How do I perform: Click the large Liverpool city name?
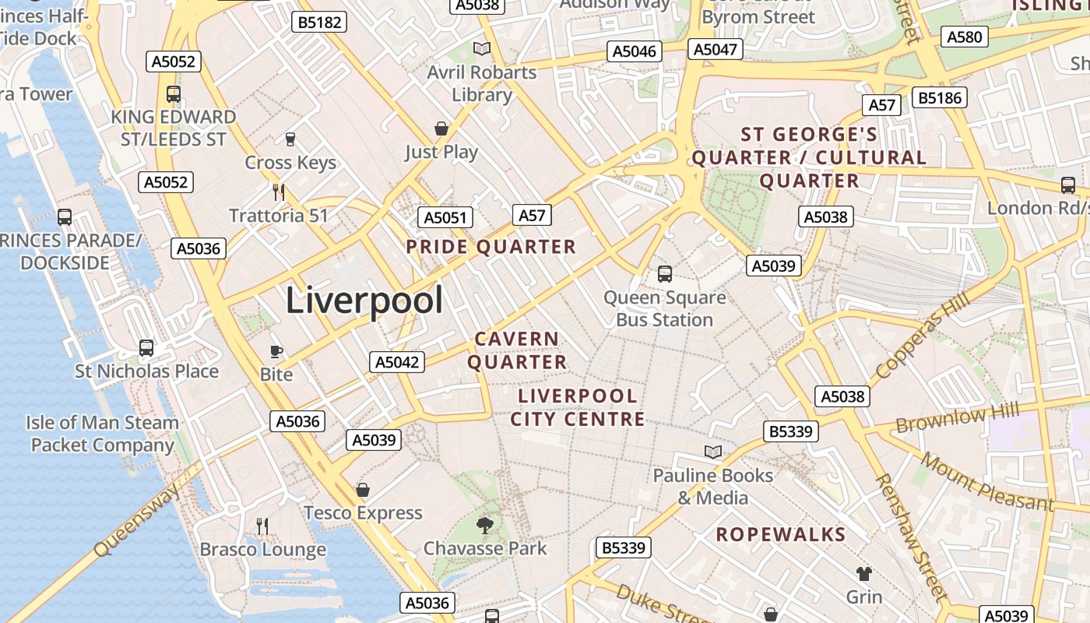click(364, 301)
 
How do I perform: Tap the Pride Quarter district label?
click(490, 247)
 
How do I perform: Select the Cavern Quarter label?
click(517, 350)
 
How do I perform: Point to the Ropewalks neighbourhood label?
click(780, 534)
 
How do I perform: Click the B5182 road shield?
click(320, 22)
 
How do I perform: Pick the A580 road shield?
click(965, 37)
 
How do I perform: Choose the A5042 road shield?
click(397, 361)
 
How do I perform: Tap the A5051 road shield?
click(445, 217)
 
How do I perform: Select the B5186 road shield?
click(941, 97)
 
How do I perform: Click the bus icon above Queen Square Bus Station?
click(665, 273)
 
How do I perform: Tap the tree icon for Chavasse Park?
click(485, 525)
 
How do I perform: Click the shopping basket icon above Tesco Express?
click(362, 490)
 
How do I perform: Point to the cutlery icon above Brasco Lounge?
click(262, 526)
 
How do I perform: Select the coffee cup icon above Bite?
click(276, 351)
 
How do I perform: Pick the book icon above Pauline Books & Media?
click(712, 452)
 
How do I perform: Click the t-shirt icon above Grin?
click(863, 574)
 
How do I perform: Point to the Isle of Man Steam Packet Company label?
click(102, 434)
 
